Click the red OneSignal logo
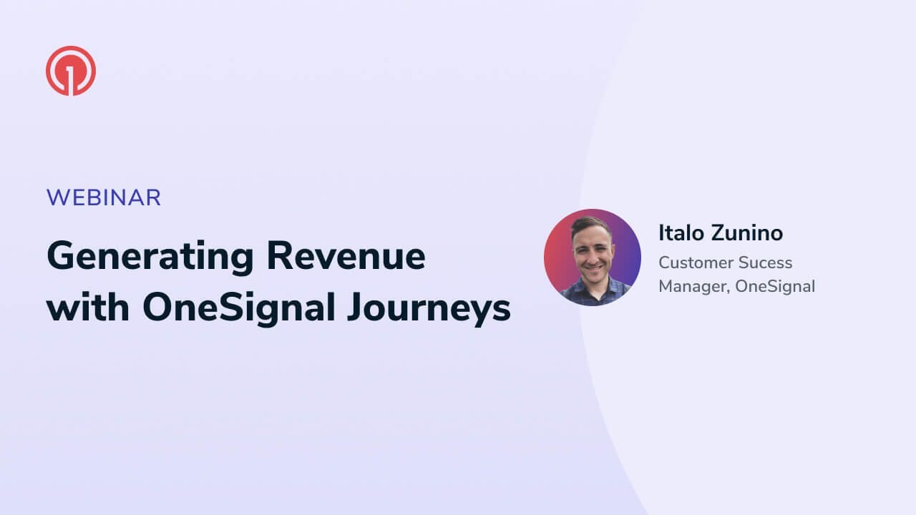point(71,71)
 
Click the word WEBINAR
point(104,197)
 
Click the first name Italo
point(681,233)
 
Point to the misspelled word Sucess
point(766,263)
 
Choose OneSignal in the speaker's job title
point(775,287)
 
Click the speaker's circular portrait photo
point(592,257)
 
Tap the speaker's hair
point(591,224)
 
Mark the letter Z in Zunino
point(718,233)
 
